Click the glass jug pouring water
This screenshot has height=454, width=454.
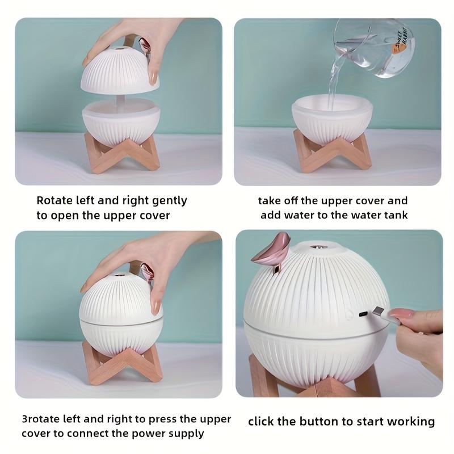point(373,48)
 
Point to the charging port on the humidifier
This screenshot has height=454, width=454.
point(363,314)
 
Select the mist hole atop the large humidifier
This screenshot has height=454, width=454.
point(319,247)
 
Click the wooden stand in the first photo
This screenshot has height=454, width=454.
point(122,153)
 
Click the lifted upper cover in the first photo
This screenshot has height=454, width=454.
point(120,69)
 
